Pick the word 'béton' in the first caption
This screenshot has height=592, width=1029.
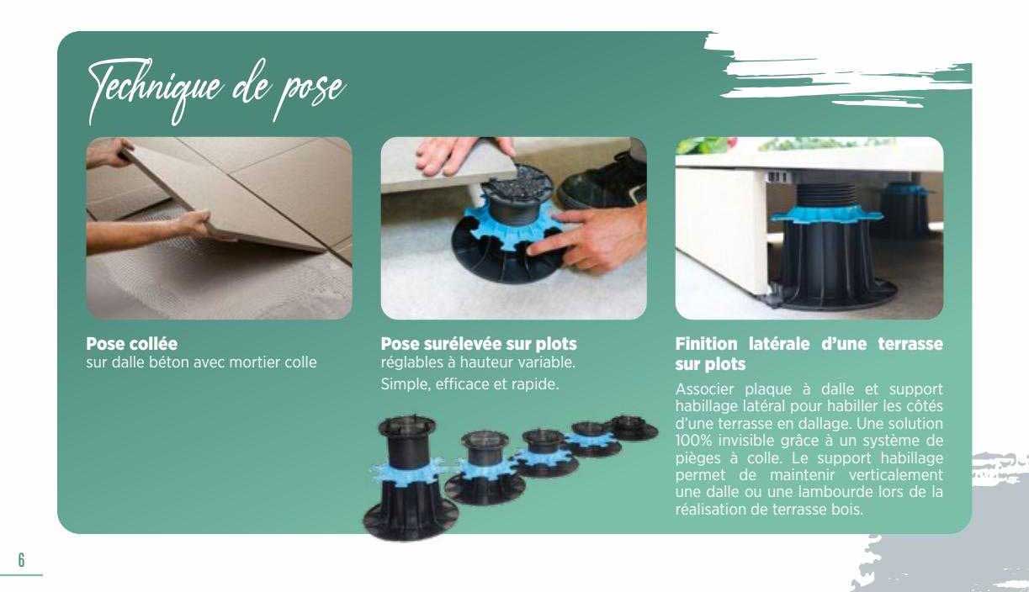pos(175,362)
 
